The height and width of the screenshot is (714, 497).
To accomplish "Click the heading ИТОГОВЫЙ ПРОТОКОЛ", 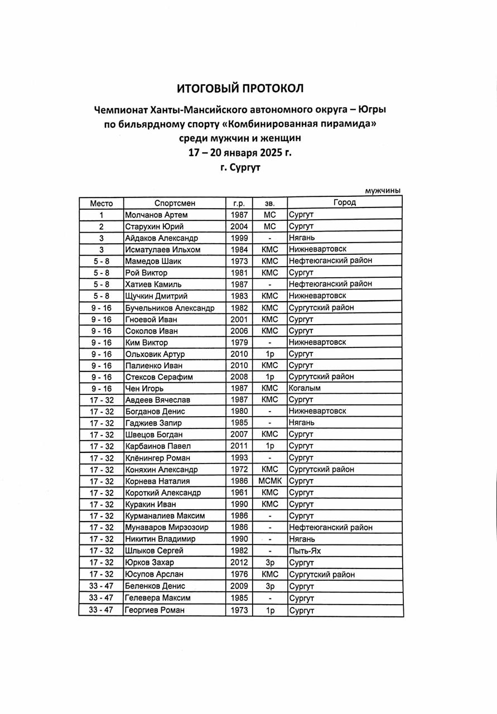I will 240,88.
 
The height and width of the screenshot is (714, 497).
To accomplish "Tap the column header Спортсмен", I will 175,203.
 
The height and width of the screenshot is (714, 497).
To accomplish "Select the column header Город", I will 344,202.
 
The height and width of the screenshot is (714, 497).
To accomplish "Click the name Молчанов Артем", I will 156,215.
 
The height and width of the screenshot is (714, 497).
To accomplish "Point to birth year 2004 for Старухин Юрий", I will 239,226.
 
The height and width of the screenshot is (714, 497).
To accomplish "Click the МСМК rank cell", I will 270,481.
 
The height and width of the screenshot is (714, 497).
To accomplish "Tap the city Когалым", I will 305,388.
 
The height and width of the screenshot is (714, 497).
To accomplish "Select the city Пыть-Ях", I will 305,551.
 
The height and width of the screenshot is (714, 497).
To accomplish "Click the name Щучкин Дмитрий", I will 156,296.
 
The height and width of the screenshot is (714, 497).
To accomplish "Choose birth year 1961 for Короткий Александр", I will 239,493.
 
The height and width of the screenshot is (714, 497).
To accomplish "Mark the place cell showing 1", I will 101,215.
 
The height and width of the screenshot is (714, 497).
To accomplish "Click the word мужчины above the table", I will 383,191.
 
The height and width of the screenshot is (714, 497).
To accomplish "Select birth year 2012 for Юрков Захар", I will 239,562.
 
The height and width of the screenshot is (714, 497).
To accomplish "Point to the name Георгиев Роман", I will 155,610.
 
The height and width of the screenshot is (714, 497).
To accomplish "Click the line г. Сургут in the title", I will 240,166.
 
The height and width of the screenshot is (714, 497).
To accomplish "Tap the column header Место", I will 101,203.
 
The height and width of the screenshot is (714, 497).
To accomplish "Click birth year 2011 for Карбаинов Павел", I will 239,446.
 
